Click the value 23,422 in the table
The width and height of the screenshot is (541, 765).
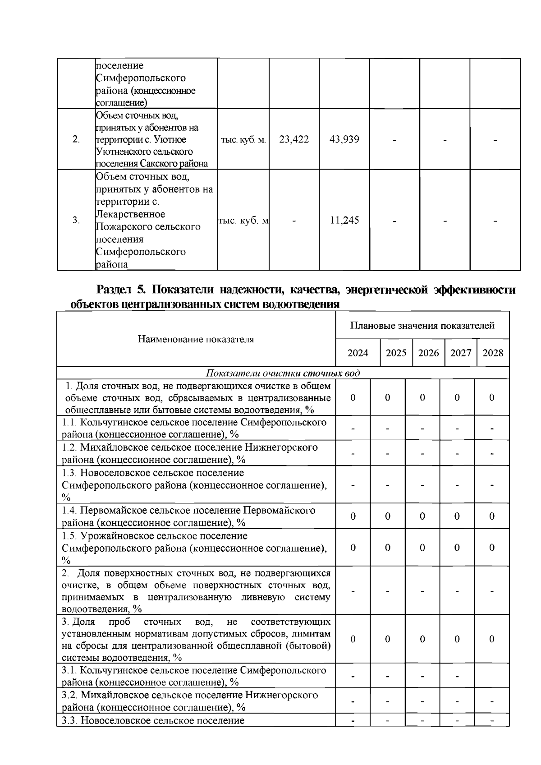[x=294, y=139]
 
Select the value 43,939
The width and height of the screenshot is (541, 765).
[x=344, y=139]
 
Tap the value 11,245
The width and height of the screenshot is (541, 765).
[x=344, y=221]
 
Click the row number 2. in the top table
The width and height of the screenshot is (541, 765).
[x=76, y=139]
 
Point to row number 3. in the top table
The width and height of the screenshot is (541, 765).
[x=76, y=221]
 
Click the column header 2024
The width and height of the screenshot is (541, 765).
[x=358, y=353]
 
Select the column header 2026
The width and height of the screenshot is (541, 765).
[x=428, y=353]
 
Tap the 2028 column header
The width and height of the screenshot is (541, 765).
[x=493, y=353]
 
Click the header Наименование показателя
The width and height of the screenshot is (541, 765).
[x=196, y=339]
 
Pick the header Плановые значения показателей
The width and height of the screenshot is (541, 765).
[x=422, y=326]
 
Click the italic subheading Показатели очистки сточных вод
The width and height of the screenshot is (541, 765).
[x=283, y=373]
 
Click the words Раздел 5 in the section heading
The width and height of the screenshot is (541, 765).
[x=119, y=290]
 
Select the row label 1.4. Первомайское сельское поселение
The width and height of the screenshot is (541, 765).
[x=188, y=510]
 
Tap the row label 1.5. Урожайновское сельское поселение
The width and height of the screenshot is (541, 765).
[x=155, y=536]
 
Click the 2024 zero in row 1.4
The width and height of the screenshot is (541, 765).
[x=353, y=516]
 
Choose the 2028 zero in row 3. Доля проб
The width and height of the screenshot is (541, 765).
[x=492, y=639]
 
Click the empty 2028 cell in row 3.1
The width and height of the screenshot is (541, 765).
[x=492, y=676]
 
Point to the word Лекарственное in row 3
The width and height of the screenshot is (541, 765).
[x=130, y=214]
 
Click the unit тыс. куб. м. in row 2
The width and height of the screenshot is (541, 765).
[x=243, y=140]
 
